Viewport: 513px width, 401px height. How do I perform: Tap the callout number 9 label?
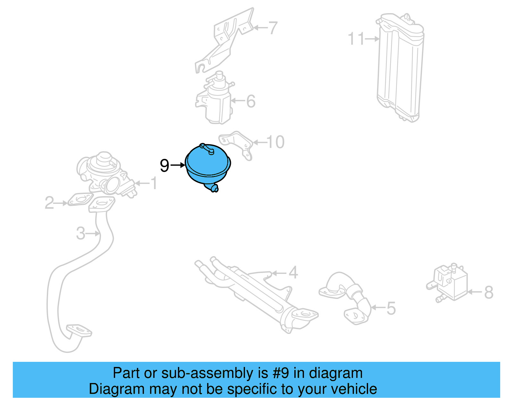[x=164, y=166]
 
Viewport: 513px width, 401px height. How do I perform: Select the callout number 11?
[x=356, y=39]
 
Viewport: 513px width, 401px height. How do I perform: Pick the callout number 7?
[x=273, y=28]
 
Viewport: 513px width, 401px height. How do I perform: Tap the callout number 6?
[x=251, y=101]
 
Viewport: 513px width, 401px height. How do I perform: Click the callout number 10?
[x=275, y=142]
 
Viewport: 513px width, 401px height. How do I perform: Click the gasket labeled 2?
[x=79, y=199]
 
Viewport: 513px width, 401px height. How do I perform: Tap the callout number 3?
[x=80, y=233]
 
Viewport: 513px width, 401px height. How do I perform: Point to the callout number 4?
[x=293, y=273]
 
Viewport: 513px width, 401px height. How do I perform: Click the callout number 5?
[x=391, y=308]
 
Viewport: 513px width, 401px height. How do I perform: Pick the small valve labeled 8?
[x=449, y=283]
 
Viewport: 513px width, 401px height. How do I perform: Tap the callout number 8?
[x=489, y=292]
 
